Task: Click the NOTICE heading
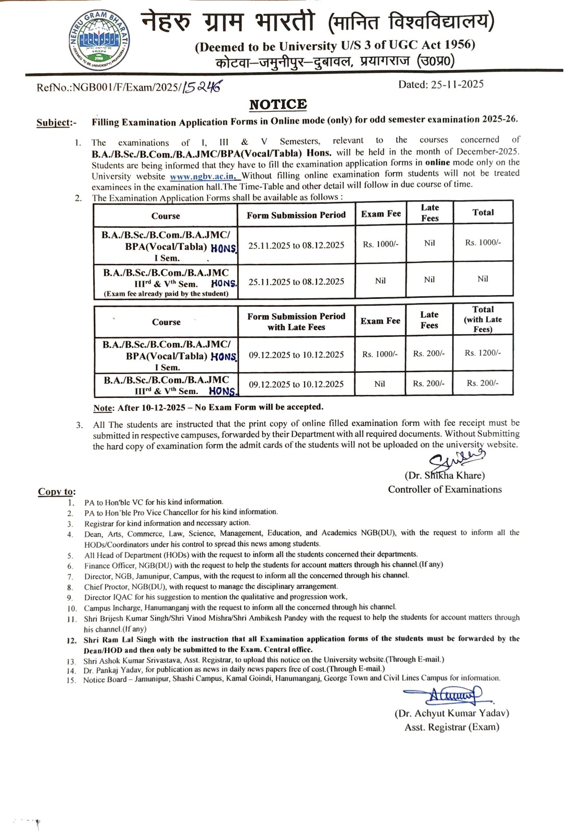tap(278, 105)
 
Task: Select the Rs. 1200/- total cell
tap(483, 354)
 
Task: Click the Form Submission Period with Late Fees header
tap(296, 322)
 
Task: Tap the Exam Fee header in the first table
tap(381, 214)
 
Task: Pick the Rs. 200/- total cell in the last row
tap(483, 383)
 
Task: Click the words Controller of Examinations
tap(445, 489)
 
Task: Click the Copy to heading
tap(56, 492)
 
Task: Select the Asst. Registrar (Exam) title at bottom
tap(451, 727)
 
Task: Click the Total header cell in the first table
tap(483, 212)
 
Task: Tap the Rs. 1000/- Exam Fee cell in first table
tap(381, 244)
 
